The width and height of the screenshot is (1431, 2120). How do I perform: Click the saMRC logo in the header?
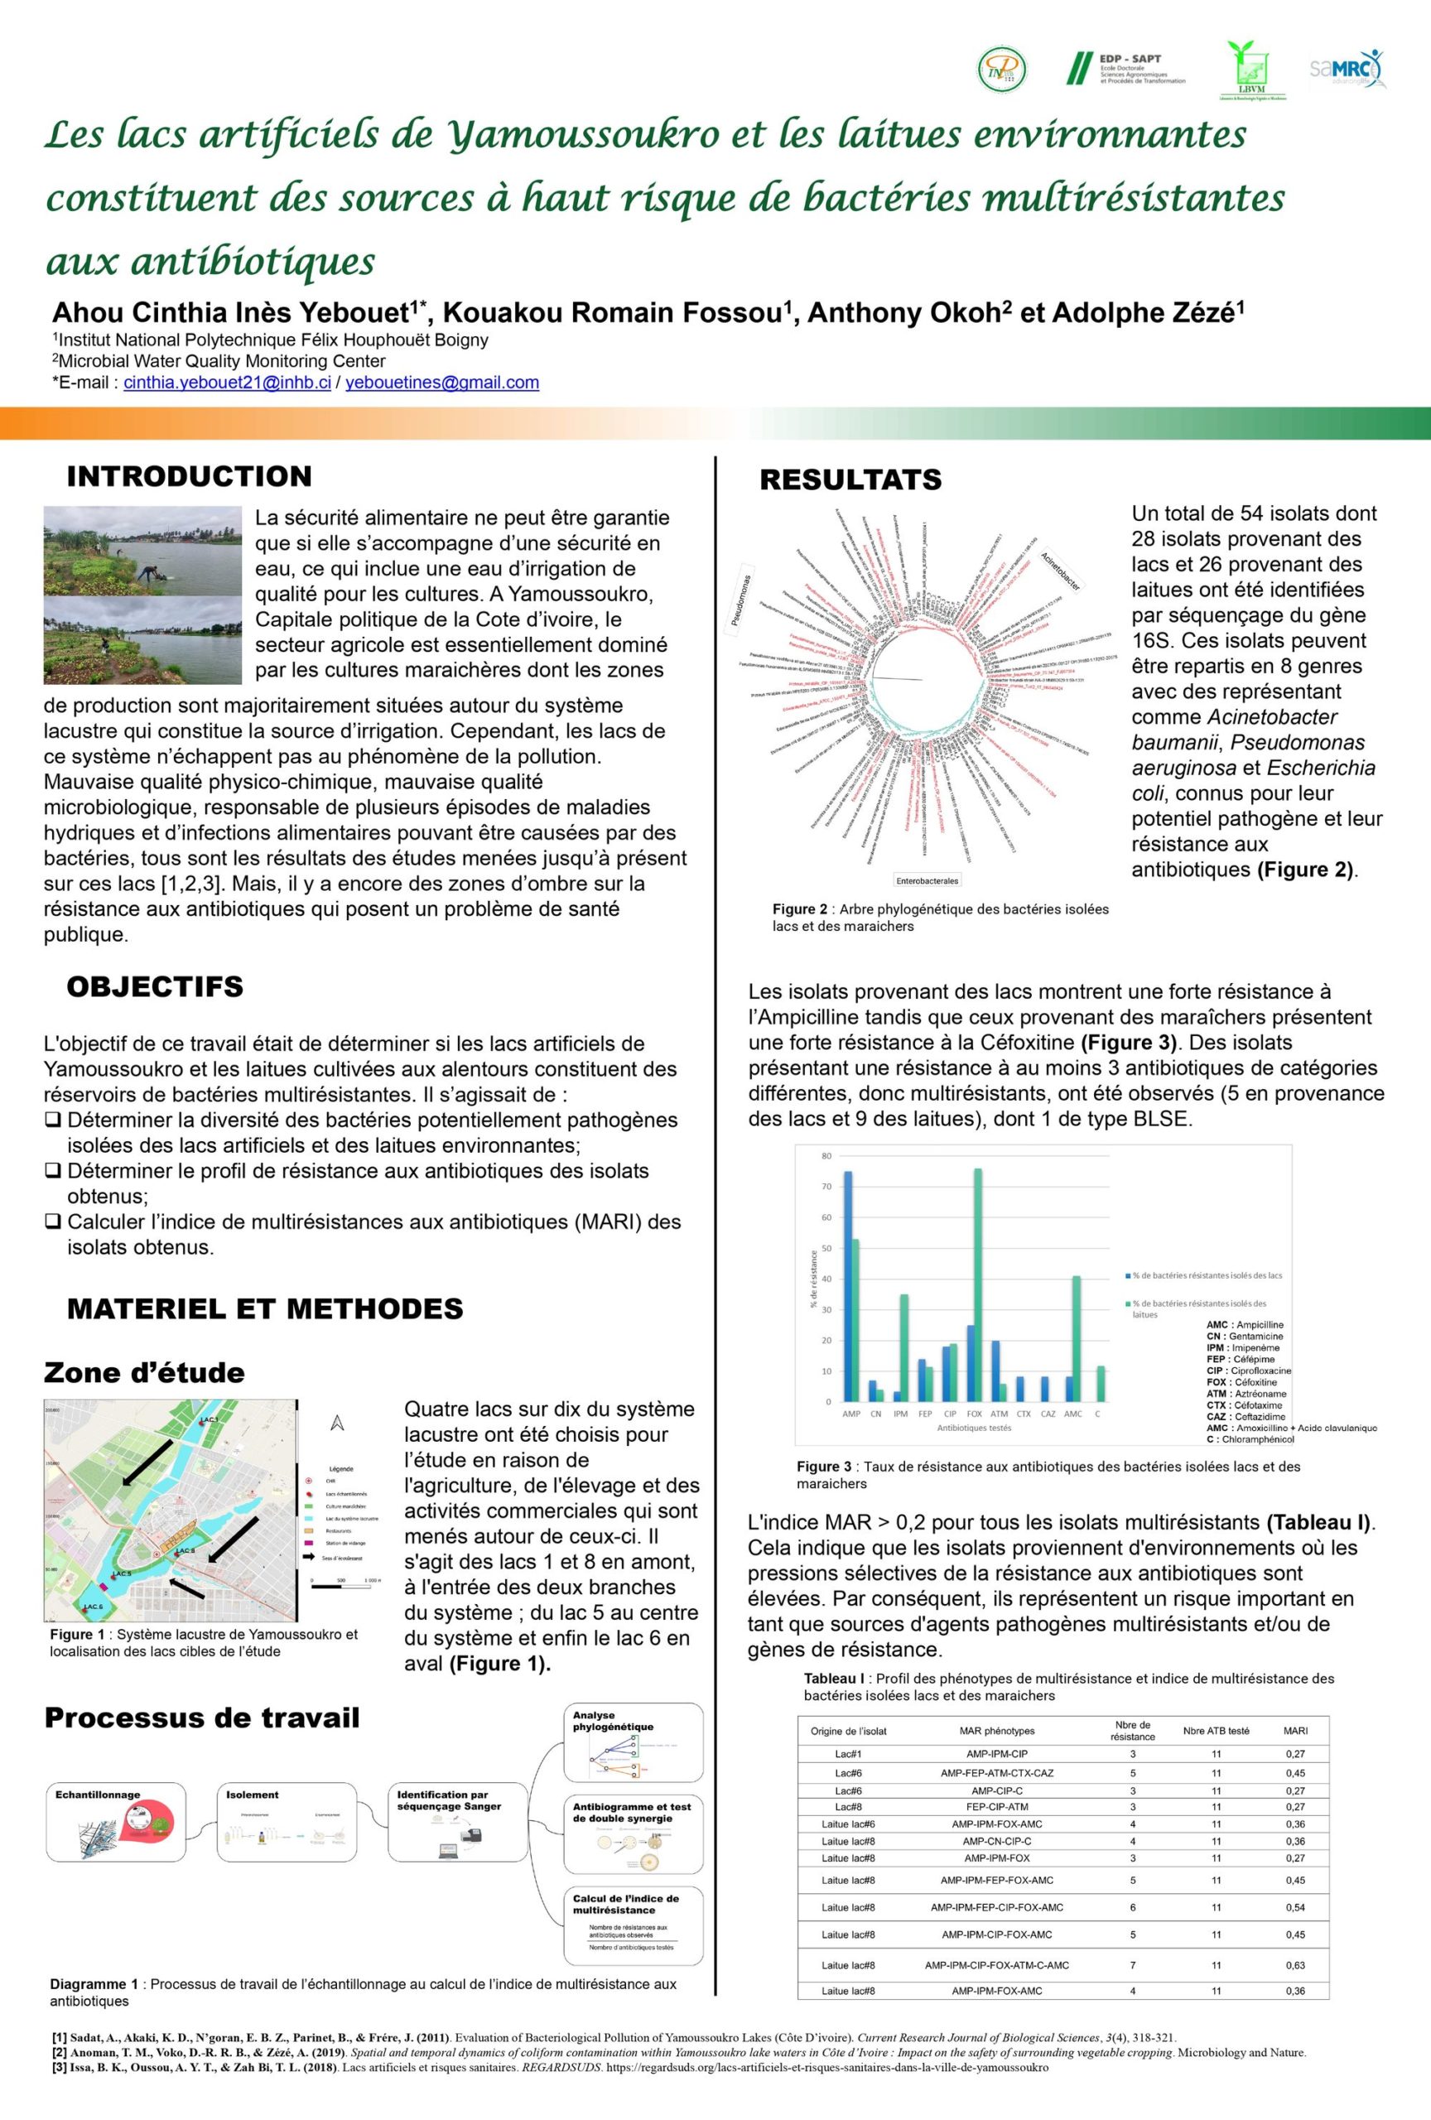[1347, 69]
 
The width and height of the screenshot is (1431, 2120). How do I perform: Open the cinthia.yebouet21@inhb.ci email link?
[227, 383]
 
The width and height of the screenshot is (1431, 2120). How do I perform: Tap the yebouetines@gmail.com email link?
[442, 383]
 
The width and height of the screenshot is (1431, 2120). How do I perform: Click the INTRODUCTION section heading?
[189, 476]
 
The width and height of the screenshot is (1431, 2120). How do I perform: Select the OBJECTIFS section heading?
[155, 986]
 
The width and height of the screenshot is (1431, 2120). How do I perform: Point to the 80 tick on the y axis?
[826, 1156]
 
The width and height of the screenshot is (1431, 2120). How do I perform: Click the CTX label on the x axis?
[1024, 1414]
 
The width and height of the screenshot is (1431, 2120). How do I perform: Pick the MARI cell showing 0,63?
[1295, 1965]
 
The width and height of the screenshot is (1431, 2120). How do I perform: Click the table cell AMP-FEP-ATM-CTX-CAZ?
[997, 1772]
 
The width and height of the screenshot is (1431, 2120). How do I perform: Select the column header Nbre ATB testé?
[1216, 1731]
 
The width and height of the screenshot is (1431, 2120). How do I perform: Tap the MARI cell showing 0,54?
[1295, 1906]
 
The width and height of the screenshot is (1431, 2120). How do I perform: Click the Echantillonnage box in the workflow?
[116, 1822]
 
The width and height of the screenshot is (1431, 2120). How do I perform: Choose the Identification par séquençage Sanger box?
[458, 1822]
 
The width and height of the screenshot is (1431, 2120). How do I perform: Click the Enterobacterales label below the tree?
[927, 880]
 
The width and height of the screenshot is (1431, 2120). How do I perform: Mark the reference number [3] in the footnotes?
[60, 2068]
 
